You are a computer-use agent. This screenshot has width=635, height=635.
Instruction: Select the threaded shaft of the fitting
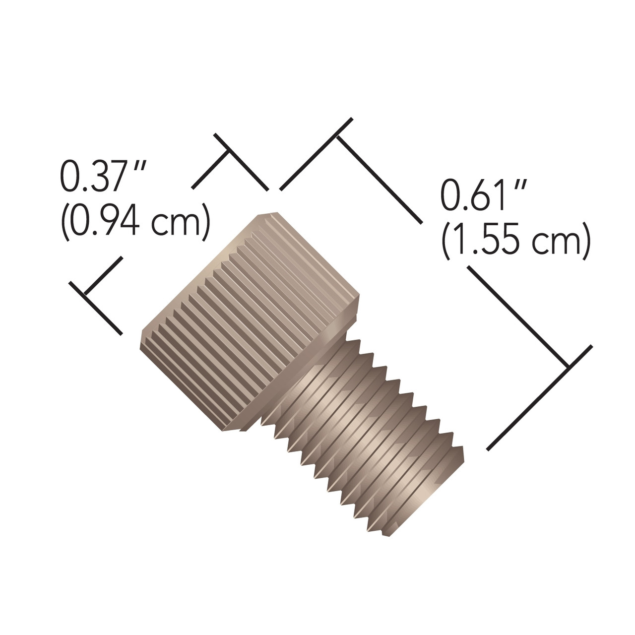click(362, 422)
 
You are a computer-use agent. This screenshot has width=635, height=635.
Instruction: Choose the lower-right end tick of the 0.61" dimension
click(567, 368)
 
